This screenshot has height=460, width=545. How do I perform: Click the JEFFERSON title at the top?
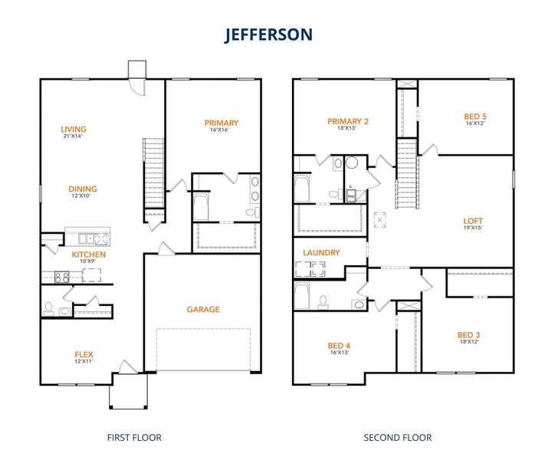(268, 35)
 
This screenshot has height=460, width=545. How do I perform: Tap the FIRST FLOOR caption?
(134, 438)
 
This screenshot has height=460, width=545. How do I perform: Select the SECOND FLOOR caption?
(397, 438)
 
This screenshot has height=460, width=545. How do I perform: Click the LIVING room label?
(74, 130)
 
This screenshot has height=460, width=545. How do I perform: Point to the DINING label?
(84, 189)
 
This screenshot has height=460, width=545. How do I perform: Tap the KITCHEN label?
(89, 255)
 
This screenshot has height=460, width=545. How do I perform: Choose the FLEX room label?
(84, 354)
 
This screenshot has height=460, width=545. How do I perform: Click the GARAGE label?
(203, 310)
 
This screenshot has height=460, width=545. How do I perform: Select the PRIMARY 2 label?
(348, 121)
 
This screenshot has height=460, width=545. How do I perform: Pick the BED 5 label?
(475, 117)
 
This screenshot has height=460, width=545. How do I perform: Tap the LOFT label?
(473, 221)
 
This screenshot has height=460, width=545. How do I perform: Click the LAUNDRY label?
(321, 252)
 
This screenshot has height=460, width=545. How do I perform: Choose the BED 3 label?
(468, 334)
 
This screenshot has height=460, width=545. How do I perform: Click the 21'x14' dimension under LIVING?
(74, 136)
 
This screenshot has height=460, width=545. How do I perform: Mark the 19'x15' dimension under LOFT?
(473, 228)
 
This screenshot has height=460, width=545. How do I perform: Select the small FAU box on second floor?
(351, 196)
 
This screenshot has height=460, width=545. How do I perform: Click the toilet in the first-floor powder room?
(49, 308)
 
